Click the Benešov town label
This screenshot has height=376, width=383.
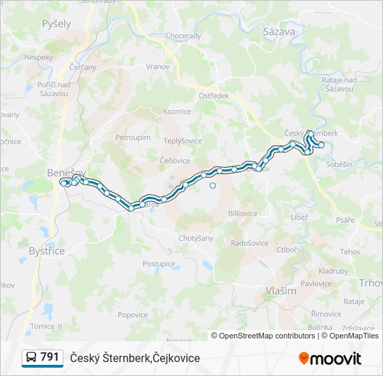point(65,171)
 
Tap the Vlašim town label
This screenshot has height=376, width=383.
point(281,291)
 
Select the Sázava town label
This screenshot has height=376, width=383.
point(279,31)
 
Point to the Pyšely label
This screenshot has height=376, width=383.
point(56,24)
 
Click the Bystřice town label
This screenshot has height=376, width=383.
point(47,251)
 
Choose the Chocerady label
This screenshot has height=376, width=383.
point(183,36)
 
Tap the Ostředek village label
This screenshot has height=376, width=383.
point(214,96)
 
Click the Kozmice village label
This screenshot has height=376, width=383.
point(177,111)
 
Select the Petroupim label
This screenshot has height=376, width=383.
point(133,138)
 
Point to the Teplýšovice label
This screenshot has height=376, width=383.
point(182,141)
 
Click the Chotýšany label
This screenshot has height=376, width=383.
point(196,238)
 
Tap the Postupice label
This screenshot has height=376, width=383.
point(159,264)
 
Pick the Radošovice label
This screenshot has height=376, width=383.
point(249,243)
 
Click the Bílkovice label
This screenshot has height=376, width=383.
point(243,214)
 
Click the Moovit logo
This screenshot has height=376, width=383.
point(330,359)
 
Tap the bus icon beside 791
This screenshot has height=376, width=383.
point(31,358)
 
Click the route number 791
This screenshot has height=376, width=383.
point(49,357)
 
